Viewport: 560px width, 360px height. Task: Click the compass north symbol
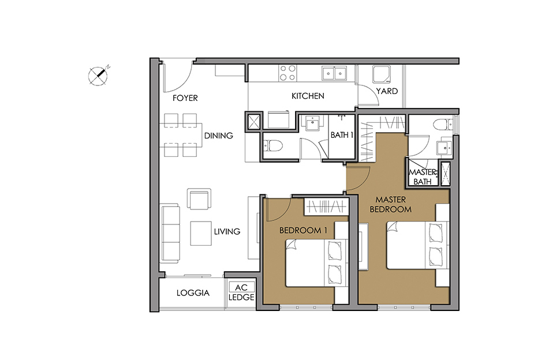tap(98, 76)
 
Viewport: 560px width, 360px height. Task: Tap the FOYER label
tap(185, 97)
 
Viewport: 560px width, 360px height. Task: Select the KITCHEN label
tap(308, 96)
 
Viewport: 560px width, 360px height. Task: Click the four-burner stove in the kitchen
tap(288, 73)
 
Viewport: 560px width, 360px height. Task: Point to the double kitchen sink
tap(334, 73)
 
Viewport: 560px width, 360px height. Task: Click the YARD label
tap(387, 91)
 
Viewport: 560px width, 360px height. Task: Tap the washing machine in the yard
tap(382, 74)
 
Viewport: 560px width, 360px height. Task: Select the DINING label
tap(219, 136)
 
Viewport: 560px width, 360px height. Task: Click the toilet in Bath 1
tap(273, 145)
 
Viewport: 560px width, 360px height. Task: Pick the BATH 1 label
tap(342, 135)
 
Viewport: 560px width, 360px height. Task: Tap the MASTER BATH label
tap(423, 177)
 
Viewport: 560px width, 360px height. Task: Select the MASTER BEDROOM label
tap(390, 204)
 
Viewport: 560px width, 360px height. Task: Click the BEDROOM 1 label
tap(303, 231)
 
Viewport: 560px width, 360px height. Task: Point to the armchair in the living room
tap(199, 198)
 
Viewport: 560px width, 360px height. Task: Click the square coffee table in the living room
tap(201, 233)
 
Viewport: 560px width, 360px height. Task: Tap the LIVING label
tap(227, 231)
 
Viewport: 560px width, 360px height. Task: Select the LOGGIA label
tap(193, 293)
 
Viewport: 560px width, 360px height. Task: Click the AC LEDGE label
tap(241, 292)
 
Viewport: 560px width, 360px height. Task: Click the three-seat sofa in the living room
tap(170, 233)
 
